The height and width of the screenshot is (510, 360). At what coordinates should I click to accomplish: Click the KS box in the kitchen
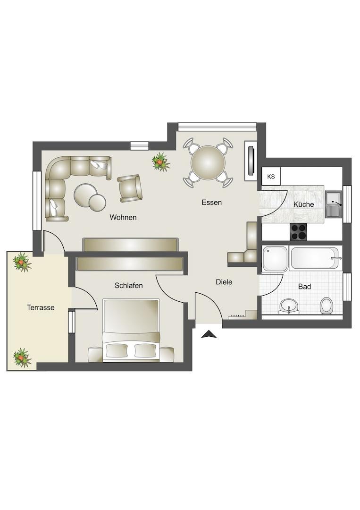[x=271, y=177]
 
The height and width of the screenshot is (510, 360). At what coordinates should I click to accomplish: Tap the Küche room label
[x=303, y=204]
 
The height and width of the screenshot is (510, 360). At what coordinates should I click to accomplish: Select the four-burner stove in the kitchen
[x=298, y=232]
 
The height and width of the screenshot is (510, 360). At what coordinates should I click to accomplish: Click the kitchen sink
[x=334, y=204]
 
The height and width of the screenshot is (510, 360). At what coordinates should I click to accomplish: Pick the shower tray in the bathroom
[x=275, y=259]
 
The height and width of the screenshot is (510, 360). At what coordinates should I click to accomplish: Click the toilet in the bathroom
[x=326, y=306]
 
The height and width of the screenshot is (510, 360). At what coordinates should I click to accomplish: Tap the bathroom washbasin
[x=289, y=306]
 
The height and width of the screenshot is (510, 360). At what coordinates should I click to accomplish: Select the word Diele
[x=224, y=281]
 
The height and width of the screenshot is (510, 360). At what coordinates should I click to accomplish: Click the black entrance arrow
[x=209, y=334]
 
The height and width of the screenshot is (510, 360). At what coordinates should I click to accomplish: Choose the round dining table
[x=208, y=163]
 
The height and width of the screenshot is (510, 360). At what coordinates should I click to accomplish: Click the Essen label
[x=211, y=202]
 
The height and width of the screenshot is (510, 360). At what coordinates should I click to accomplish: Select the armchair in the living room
[x=130, y=188]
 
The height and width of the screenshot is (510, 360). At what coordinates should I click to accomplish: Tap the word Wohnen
[x=123, y=217]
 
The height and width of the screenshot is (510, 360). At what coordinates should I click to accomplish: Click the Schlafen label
[x=129, y=286]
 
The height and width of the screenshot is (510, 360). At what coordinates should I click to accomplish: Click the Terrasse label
[x=41, y=307]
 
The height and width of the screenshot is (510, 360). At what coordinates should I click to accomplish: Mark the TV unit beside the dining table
[x=251, y=161]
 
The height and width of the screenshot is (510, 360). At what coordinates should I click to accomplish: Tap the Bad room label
[x=304, y=287]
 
